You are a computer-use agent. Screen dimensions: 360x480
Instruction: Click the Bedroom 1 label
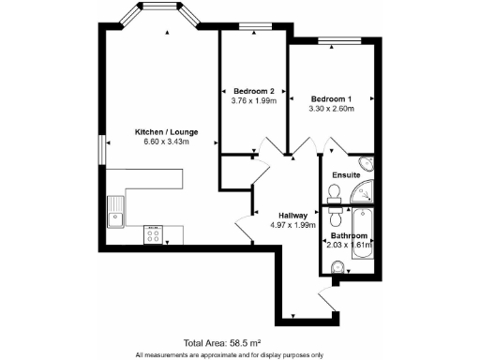click(x=331, y=98)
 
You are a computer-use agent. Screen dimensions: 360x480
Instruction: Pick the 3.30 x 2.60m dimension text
click(x=331, y=108)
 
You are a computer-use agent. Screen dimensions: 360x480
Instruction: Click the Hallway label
click(x=281, y=215)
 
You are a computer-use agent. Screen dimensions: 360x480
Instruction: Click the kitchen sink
click(x=117, y=213)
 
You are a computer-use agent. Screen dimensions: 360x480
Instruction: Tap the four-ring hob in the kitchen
click(x=152, y=234)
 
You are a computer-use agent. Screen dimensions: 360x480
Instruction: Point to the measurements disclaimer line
click(x=238, y=354)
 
